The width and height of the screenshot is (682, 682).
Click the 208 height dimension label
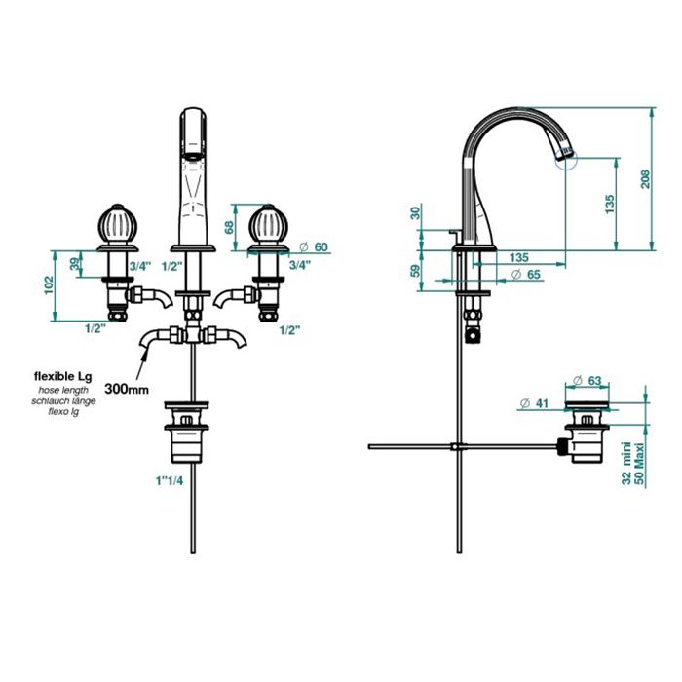[x=645, y=178]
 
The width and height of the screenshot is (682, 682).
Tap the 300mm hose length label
[x=127, y=389]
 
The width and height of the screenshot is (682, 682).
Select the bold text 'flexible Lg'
[x=63, y=376]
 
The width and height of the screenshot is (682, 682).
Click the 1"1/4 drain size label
[x=170, y=480]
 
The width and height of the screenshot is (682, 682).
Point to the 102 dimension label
[x=49, y=285]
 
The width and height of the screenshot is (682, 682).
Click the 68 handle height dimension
[x=229, y=227]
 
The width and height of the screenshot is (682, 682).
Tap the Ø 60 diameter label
[x=314, y=247]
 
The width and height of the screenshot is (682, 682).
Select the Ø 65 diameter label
[x=526, y=275]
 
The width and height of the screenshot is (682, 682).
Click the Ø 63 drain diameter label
[x=587, y=381]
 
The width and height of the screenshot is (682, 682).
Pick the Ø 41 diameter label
[x=534, y=403]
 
